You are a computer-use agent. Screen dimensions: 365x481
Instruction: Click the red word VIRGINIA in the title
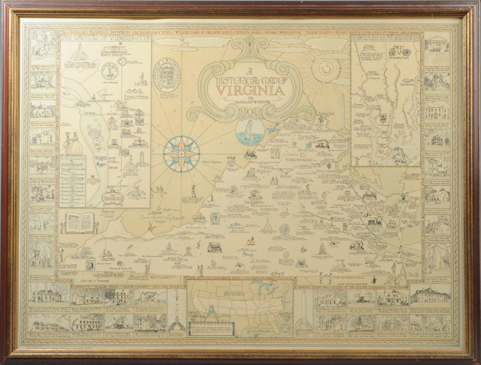tap(249, 90)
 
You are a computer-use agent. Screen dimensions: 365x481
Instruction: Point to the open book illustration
tap(79, 223)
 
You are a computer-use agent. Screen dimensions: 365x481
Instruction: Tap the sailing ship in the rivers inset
tap(398, 155)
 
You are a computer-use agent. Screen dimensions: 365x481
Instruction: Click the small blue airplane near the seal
tap(272, 128)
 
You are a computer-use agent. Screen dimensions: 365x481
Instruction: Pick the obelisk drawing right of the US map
tap(303, 307)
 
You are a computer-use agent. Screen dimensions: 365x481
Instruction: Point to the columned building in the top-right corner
tap(436, 45)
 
